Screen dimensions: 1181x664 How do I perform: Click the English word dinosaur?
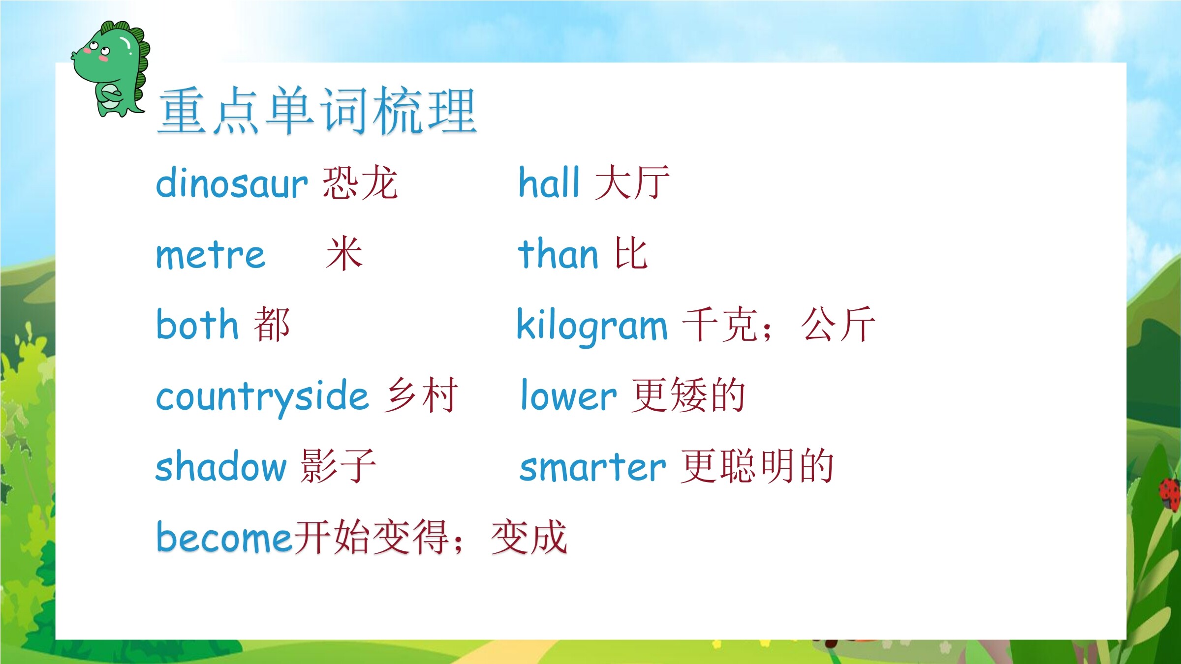(x=232, y=183)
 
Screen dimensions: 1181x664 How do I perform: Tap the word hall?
(x=549, y=182)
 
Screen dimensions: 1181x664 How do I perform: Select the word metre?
(x=211, y=255)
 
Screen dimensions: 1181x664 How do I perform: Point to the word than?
(x=558, y=254)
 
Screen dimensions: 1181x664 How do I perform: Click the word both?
(x=197, y=324)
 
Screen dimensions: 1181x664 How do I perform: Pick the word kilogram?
(x=592, y=326)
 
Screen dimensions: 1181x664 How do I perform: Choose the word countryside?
(x=262, y=397)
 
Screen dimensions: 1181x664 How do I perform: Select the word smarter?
(x=593, y=467)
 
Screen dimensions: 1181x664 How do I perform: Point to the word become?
(x=224, y=537)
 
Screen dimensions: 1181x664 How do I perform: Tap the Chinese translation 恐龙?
(x=360, y=182)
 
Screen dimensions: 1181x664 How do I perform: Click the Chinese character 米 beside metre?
(x=344, y=253)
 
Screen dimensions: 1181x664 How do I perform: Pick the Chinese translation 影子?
(x=339, y=466)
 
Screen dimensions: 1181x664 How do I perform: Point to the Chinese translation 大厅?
(x=632, y=182)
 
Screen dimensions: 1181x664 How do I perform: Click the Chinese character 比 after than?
(x=631, y=253)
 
